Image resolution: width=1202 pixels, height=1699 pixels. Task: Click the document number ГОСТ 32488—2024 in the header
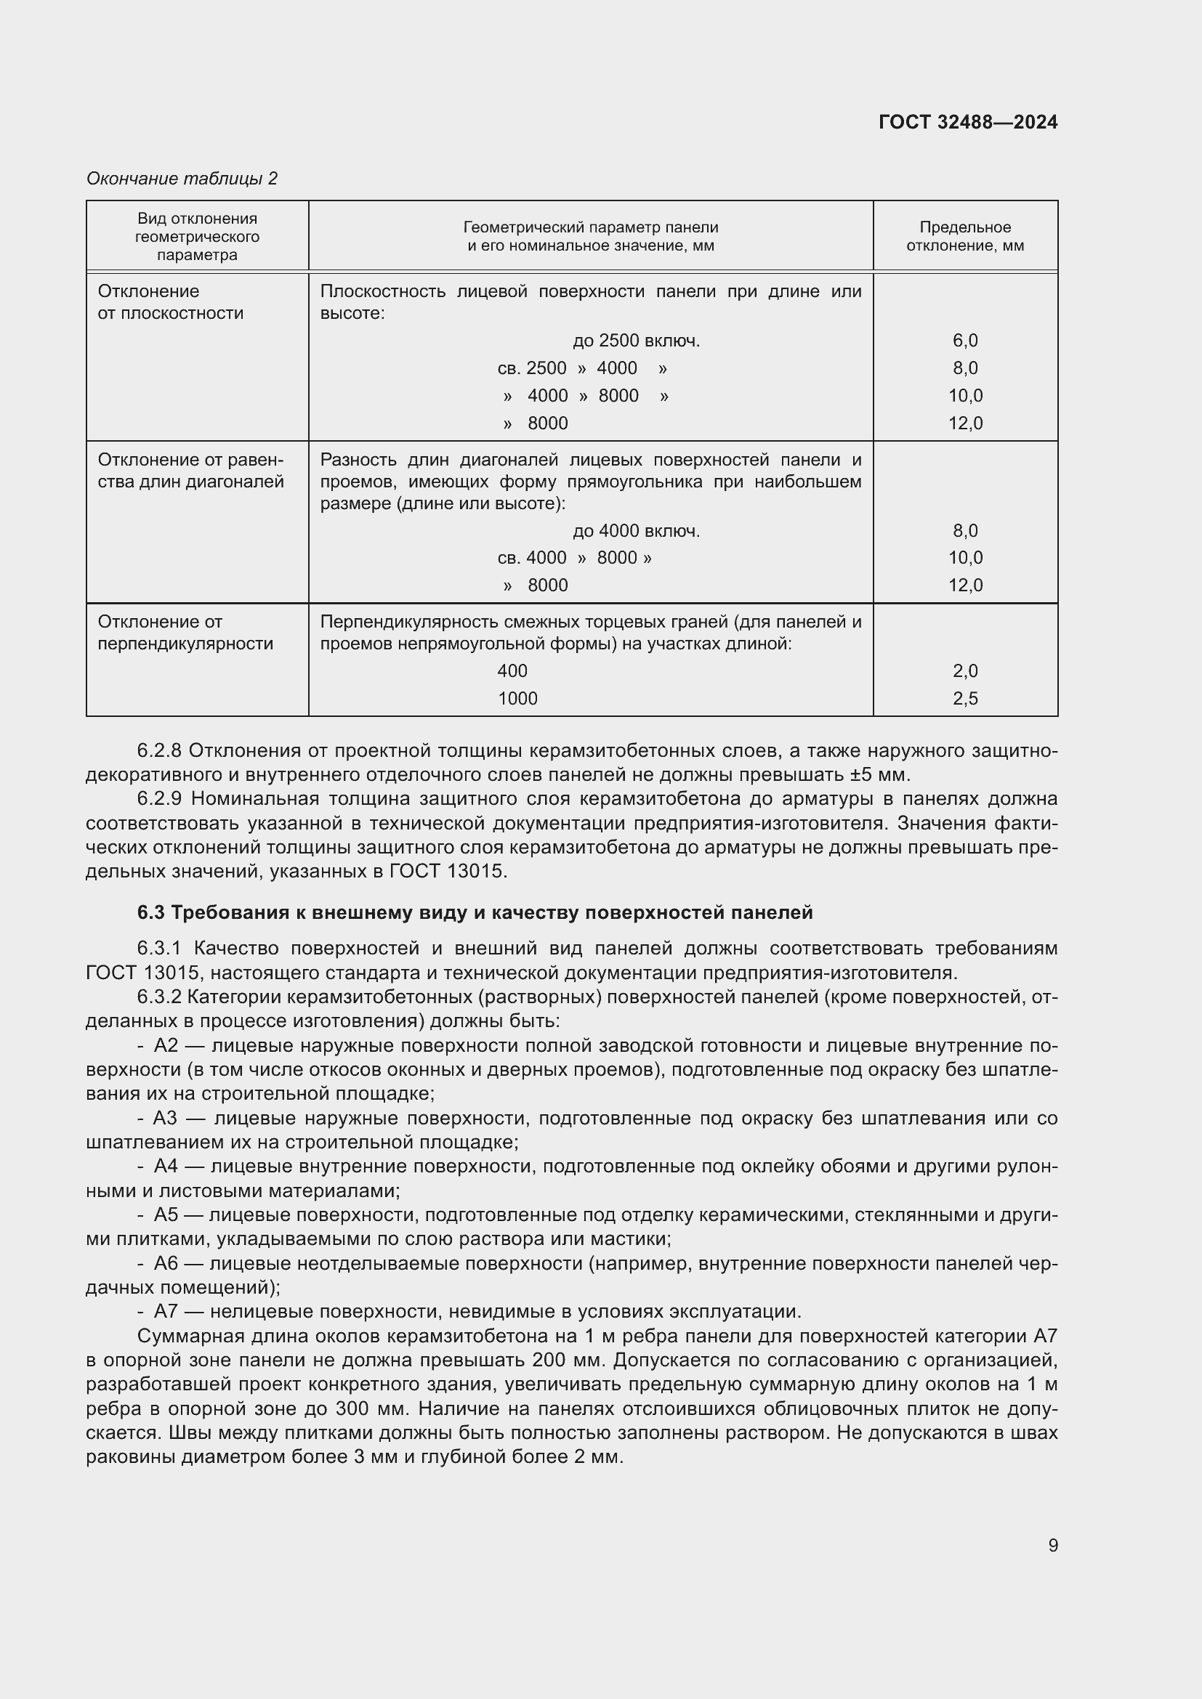(x=967, y=122)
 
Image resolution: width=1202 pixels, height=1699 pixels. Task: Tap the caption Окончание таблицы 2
(x=182, y=179)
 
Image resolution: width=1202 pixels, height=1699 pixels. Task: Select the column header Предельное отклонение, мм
(x=964, y=236)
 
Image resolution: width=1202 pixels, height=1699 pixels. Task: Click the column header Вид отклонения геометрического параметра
(x=197, y=236)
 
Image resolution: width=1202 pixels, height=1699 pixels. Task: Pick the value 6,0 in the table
(x=964, y=341)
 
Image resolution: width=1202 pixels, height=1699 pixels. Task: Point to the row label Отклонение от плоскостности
(x=170, y=302)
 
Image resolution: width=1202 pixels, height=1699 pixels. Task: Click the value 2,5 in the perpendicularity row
(x=964, y=699)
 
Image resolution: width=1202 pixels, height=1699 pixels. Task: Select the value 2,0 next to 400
(x=964, y=671)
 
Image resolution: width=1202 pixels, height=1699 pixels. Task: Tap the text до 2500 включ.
(x=636, y=341)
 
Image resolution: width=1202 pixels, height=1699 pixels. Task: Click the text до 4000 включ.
(x=636, y=530)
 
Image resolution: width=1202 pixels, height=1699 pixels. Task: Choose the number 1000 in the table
(x=517, y=699)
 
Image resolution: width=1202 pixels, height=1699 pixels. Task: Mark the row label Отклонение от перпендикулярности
(x=185, y=633)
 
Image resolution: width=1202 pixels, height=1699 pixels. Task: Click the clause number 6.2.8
(x=158, y=750)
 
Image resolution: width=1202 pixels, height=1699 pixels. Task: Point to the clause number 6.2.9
(x=158, y=799)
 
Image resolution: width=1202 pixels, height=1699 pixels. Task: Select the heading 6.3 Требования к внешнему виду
(x=475, y=912)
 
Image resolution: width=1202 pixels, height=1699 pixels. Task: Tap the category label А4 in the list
(x=166, y=1167)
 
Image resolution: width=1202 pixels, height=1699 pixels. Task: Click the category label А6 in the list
(x=166, y=1263)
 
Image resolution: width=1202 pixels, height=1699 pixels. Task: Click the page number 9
(x=1052, y=1545)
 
